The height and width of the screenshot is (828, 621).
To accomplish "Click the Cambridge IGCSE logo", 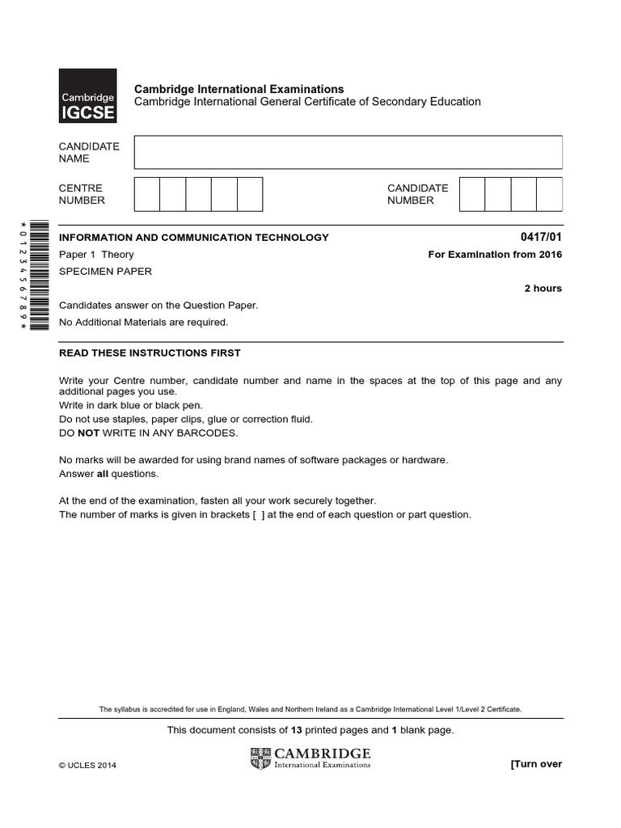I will pos(87,96).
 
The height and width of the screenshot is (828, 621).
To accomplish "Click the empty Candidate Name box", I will pos(348,152).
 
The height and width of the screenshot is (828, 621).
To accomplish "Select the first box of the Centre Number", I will pos(146,194).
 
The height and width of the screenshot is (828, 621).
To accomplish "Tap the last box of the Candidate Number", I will pos(549,194).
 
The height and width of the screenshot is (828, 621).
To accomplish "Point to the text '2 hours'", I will pos(543,289).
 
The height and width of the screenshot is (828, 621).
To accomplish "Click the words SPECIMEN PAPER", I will pos(105,272).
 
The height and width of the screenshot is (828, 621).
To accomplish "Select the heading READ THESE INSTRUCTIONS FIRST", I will pos(150,353).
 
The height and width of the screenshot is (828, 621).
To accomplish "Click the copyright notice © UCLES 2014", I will pos(87,766).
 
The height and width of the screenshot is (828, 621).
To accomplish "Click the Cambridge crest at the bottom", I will pos(260,758).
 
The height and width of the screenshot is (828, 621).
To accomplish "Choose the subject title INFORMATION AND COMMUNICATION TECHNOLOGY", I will pos(194,237).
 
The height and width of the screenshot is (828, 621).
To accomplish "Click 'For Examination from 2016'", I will pos(494,255).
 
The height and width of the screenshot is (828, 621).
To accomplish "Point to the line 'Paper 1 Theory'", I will pos(96,255).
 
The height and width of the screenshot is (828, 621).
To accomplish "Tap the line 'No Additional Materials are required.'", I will pos(144,322).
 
